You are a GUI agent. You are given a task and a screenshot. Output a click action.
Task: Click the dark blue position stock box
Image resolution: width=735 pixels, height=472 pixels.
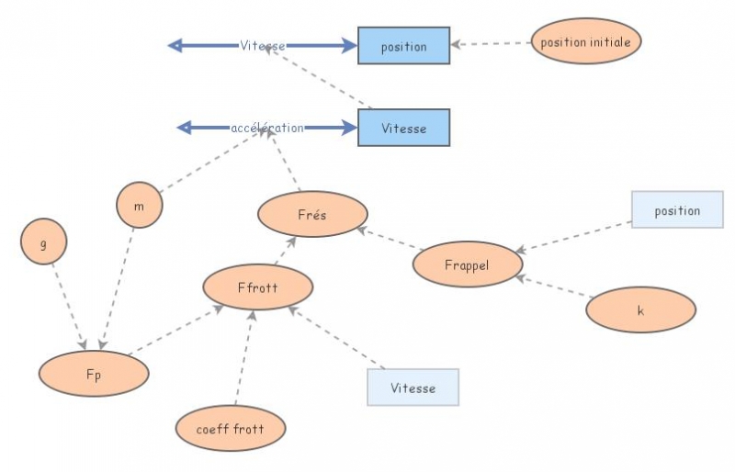tap(403, 46)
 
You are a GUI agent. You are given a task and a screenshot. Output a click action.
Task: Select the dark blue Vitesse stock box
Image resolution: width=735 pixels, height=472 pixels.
tap(403, 128)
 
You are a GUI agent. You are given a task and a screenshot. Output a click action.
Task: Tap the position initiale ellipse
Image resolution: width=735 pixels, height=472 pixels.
tap(585, 42)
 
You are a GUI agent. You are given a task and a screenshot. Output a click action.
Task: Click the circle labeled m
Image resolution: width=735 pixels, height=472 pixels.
tap(140, 206)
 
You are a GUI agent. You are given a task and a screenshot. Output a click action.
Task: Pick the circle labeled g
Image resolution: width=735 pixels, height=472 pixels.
tap(43, 242)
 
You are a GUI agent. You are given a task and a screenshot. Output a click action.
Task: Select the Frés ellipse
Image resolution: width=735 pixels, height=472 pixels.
tap(312, 215)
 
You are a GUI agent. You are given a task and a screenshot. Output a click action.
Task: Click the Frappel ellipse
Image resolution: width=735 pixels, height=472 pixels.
tap(467, 264)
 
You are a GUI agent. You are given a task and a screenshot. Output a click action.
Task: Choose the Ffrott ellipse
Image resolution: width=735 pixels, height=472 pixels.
tap(257, 287)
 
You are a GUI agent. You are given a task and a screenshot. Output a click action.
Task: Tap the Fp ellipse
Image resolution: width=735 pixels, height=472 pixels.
tap(94, 374)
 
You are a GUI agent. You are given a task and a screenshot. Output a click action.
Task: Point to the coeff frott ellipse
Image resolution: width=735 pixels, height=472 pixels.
tap(231, 428)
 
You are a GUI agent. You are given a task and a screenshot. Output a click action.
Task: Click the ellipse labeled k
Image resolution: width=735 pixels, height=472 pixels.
tap(640, 309)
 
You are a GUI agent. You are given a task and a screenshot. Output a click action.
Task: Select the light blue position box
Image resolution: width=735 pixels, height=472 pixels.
tap(677, 210)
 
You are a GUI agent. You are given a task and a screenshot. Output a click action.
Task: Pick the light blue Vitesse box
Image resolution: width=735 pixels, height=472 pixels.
tap(413, 388)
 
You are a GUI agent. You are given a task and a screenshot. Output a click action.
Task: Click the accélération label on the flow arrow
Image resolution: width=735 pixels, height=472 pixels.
tap(266, 128)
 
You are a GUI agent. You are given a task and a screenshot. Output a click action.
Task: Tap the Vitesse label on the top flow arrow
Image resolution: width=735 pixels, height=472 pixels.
tap(262, 45)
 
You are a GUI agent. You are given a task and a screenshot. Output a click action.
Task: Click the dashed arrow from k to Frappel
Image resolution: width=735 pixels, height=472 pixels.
tap(551, 286)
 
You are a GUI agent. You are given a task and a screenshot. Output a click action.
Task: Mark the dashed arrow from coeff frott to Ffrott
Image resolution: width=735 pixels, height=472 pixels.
tap(243, 358)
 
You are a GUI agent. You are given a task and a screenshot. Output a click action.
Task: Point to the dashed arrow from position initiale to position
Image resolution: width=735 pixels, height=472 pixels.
tap(492, 43)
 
